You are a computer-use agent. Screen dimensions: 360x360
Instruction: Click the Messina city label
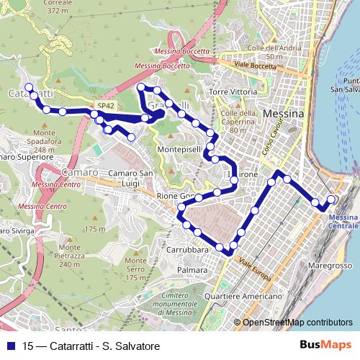[x=284, y=114]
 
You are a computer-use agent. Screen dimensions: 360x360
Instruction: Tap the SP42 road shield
[x=106, y=106]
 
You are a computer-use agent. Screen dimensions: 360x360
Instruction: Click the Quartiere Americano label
[x=243, y=296]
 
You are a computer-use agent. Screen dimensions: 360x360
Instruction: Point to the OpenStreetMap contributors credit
[x=297, y=323]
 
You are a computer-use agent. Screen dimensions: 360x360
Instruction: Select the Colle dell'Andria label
[x=264, y=52]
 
